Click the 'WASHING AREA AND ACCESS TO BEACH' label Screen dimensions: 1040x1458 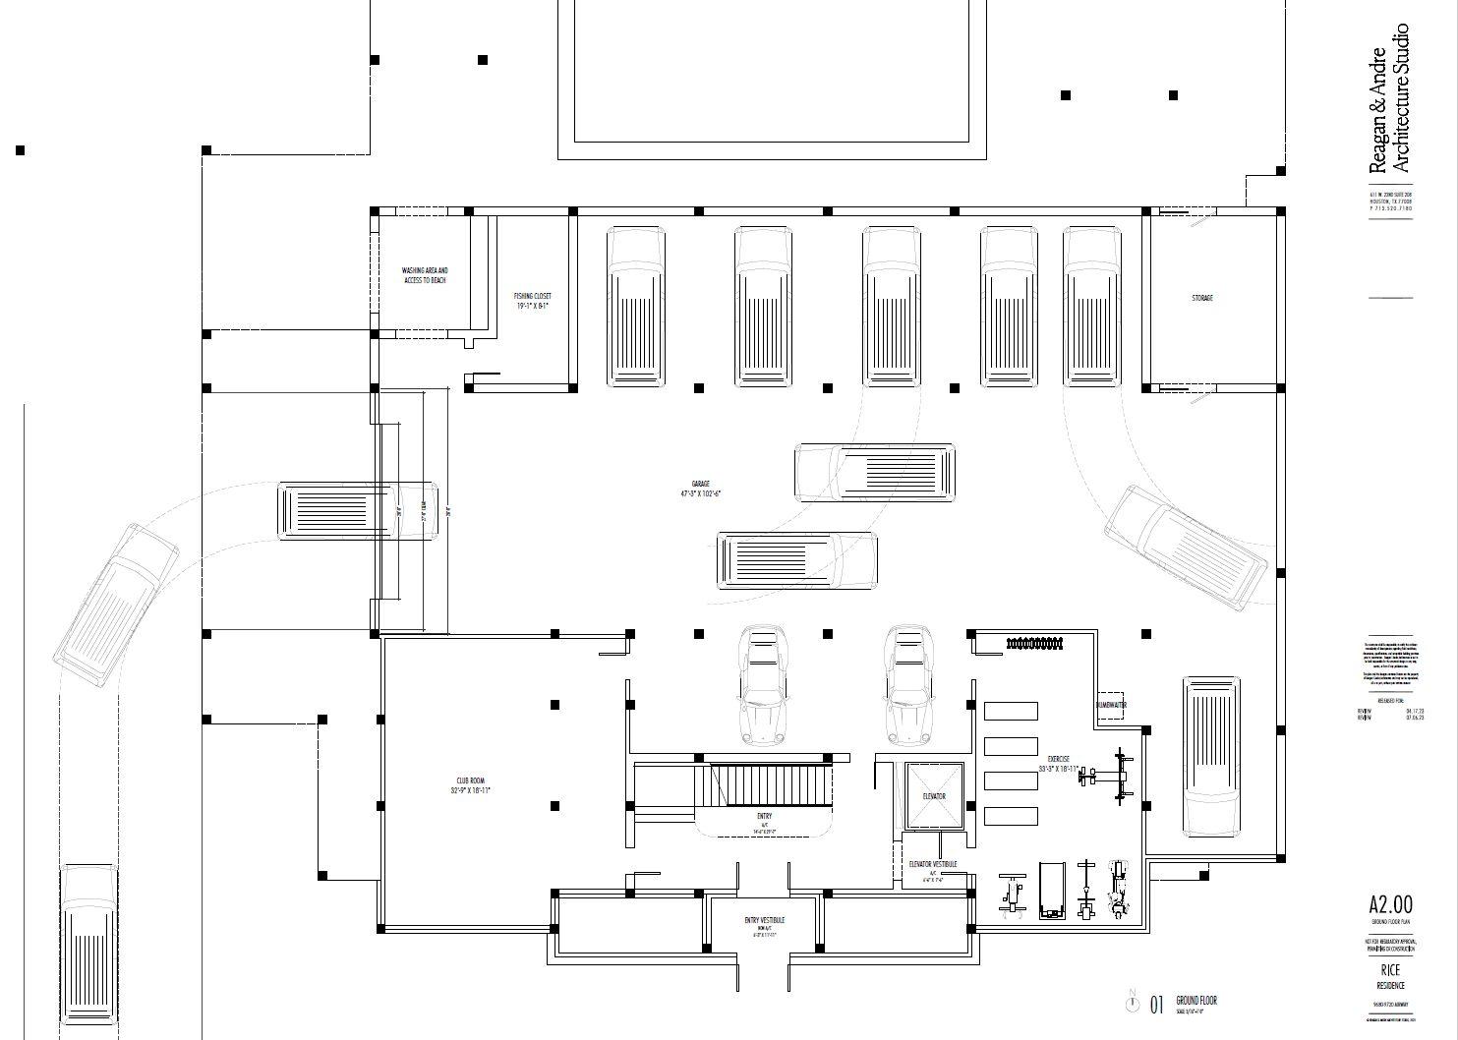coord(425,275)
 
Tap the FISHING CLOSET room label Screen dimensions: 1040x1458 coord(533,301)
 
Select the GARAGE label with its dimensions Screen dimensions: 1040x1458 coord(700,489)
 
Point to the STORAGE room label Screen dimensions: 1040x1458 coord(1201,297)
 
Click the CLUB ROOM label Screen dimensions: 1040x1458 coord(471,785)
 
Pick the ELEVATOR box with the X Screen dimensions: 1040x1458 coord(932,795)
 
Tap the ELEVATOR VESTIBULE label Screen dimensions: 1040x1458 coord(933,869)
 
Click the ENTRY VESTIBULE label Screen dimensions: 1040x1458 coord(764,924)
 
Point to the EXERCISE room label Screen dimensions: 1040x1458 coord(1058,764)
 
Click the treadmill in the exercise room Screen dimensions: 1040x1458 coord(1052,890)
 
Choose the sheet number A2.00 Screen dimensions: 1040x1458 coord(1390,904)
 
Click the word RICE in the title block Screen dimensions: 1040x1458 coord(1389,969)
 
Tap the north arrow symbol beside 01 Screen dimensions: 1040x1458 coord(1132,1004)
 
